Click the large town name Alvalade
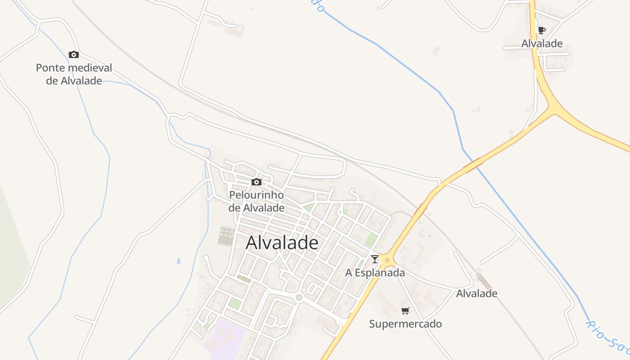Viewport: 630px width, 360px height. (x=282, y=243)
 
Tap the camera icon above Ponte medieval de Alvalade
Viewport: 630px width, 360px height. (x=74, y=55)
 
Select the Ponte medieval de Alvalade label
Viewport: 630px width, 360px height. (x=74, y=75)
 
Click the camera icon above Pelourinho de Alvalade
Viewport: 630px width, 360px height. (x=256, y=182)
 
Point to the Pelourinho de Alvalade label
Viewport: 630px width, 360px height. (x=256, y=201)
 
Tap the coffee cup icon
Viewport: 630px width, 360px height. (x=542, y=31)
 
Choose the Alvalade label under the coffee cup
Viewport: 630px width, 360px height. (x=542, y=44)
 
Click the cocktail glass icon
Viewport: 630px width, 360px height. (x=374, y=259)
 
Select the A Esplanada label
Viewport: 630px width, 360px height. (x=375, y=273)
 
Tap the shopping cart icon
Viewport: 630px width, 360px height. (x=405, y=310)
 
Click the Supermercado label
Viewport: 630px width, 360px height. (x=405, y=324)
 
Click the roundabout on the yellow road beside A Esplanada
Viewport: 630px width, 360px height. (x=387, y=260)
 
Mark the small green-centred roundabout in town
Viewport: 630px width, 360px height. (x=299, y=297)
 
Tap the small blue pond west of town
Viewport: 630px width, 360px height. (x=179, y=261)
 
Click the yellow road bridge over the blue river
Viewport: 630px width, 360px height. (x=472, y=165)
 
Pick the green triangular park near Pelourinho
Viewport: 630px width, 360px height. (x=309, y=207)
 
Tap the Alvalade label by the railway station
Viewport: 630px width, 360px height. (x=477, y=293)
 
